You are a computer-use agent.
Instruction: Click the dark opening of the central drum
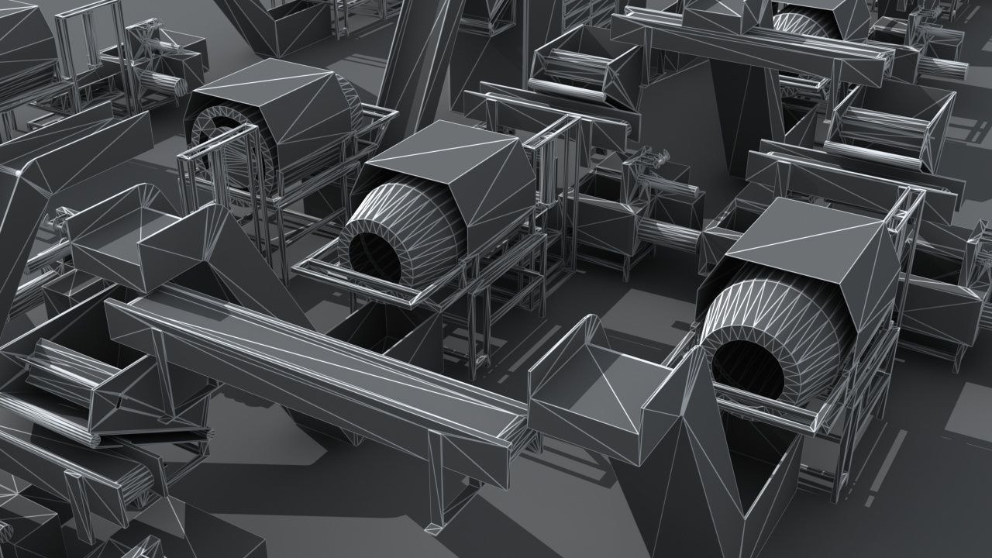tap(376, 256)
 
